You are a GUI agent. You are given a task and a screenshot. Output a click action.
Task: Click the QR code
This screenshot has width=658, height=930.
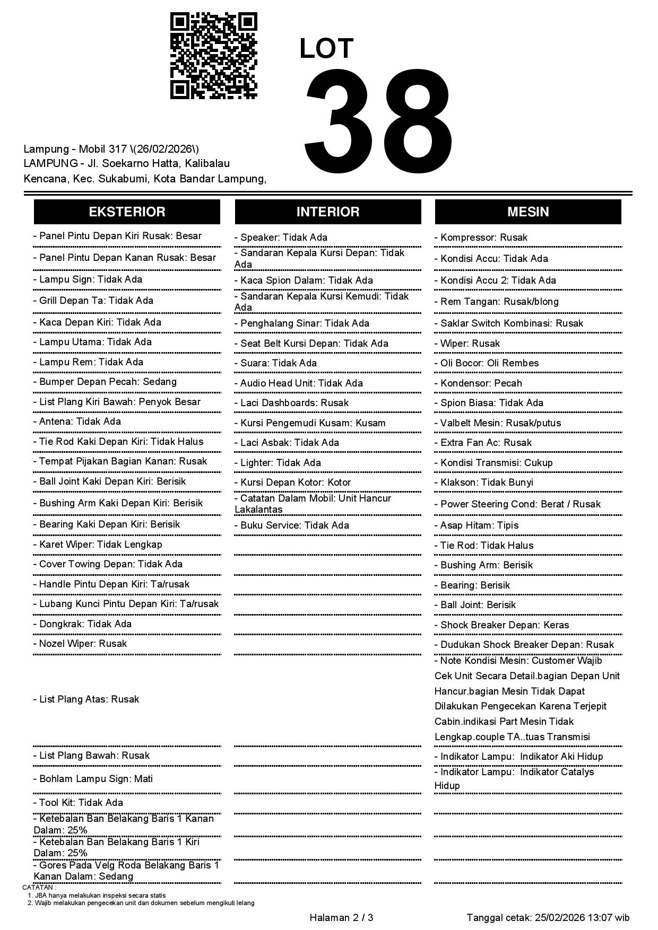213,56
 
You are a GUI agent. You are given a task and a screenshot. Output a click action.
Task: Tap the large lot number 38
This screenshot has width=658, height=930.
378,120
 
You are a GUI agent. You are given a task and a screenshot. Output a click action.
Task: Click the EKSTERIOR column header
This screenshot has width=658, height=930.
127,212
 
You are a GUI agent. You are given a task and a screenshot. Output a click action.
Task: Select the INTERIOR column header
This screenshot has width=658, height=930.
328,212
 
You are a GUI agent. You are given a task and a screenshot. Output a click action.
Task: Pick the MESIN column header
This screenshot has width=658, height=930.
528,212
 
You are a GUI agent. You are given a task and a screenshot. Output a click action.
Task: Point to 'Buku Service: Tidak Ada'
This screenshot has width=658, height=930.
295,525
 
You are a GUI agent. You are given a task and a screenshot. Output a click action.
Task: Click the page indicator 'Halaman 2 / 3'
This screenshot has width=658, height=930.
341,918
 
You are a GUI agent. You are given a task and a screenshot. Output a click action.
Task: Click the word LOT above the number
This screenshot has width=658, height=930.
326,49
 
